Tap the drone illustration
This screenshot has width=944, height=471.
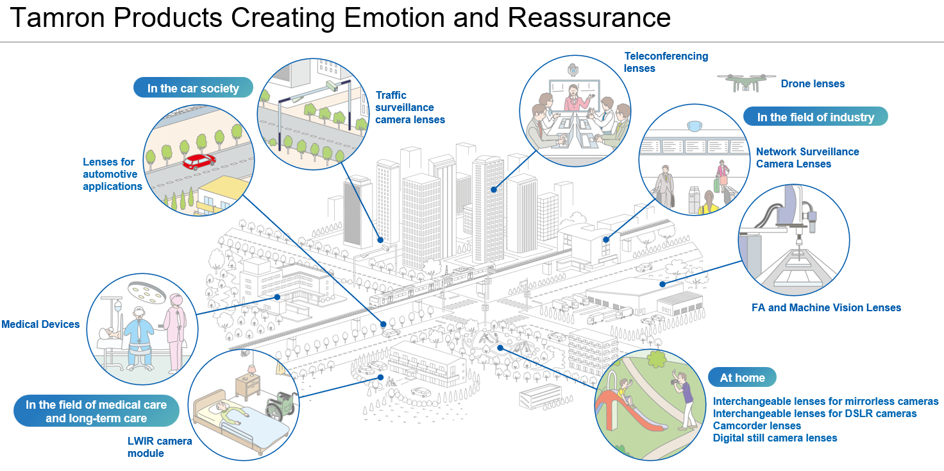[745, 81]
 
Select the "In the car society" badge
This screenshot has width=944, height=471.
[193, 88]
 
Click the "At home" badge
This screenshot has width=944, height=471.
[742, 377]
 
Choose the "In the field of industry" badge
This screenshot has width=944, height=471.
[815, 117]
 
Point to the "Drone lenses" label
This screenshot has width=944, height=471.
[813, 83]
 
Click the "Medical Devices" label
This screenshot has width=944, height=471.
[40, 325]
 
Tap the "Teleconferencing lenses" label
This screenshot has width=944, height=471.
[666, 62]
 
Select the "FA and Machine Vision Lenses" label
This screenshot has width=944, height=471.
[826, 307]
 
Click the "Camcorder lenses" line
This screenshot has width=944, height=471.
[757, 425]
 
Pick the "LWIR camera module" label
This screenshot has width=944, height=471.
[159, 447]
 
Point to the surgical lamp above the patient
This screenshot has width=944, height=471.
[147, 294]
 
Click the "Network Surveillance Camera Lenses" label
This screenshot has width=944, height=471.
[807, 158]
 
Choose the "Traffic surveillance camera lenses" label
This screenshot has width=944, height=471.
[410, 107]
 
